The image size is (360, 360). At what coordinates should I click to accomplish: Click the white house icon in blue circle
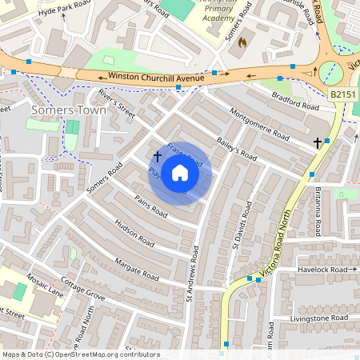click(180, 173)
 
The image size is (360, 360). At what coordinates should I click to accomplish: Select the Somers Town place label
click(68, 110)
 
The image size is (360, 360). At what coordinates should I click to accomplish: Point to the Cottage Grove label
click(83, 290)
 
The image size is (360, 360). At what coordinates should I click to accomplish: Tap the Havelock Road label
click(327, 270)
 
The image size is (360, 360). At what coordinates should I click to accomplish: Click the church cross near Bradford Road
click(318, 142)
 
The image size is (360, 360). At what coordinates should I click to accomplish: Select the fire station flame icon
click(242, 42)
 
